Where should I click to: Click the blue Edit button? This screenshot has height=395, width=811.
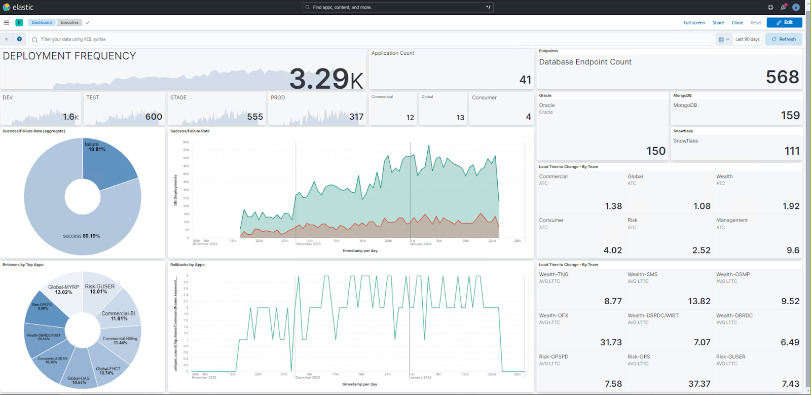click(x=784, y=22)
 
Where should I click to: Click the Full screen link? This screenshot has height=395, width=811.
click(x=694, y=23)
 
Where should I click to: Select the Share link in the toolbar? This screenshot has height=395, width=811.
click(x=718, y=23)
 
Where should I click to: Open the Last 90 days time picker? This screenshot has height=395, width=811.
click(x=747, y=39)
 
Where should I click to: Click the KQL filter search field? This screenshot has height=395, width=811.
click(x=355, y=39)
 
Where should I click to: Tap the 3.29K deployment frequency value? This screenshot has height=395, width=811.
click(x=326, y=79)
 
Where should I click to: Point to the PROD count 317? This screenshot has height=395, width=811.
click(x=356, y=117)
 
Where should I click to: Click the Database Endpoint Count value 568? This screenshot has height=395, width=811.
click(x=782, y=77)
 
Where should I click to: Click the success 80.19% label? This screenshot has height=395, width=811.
click(x=81, y=236)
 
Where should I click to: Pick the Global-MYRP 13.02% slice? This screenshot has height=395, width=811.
click(x=63, y=290)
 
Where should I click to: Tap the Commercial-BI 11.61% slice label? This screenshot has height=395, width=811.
click(x=119, y=316)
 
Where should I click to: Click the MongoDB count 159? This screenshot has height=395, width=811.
click(x=790, y=116)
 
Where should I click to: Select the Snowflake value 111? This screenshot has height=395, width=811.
click(x=792, y=151)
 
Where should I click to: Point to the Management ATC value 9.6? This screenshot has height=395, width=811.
click(x=793, y=250)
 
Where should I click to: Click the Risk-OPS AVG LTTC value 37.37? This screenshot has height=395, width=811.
click(x=699, y=384)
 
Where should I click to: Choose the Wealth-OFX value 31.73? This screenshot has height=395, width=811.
click(x=611, y=342)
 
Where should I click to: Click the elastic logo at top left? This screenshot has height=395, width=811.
click(x=18, y=7)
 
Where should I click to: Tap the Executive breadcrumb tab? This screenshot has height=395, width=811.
click(x=69, y=22)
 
